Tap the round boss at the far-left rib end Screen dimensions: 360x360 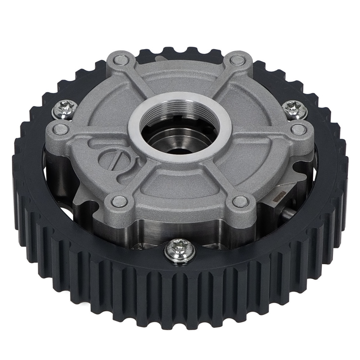(57, 128)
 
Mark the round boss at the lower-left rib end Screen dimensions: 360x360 (118, 201)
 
